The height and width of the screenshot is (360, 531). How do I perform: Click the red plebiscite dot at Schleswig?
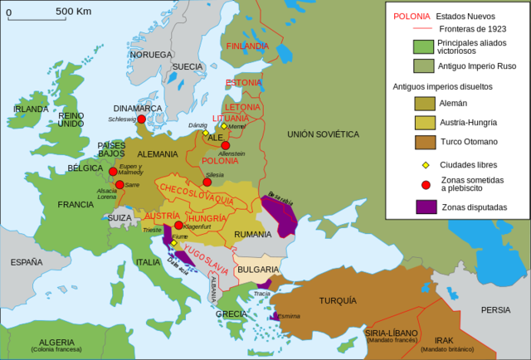(x=142, y=119)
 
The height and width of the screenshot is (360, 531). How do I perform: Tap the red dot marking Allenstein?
(x=225, y=145)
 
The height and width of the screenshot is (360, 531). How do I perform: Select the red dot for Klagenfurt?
(x=178, y=226)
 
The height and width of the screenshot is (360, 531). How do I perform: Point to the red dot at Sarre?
(x=119, y=184)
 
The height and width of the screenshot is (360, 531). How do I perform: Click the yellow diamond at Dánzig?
(x=205, y=133)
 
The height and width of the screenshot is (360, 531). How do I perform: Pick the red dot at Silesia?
(x=207, y=182)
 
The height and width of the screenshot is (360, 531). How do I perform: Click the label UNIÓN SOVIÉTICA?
(x=323, y=134)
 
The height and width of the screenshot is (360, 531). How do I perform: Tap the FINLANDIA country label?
(x=247, y=46)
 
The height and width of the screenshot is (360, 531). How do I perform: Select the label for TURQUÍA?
(x=338, y=299)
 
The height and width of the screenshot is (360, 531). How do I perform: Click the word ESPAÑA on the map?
(x=27, y=262)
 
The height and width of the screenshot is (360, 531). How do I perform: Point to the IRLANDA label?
(x=31, y=109)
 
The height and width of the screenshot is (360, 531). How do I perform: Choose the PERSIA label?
(x=495, y=309)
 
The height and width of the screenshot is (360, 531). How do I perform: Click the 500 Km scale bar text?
(x=73, y=11)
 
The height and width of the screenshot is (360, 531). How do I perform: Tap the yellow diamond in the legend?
(x=426, y=165)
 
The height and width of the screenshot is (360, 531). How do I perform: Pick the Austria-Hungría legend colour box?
(x=426, y=123)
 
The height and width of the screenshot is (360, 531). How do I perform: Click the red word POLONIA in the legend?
(x=412, y=16)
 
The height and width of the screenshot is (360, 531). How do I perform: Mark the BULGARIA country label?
(x=258, y=270)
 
